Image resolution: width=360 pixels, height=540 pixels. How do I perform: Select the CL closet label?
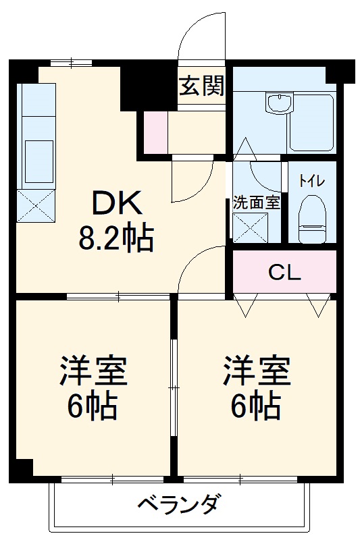(x=284, y=273)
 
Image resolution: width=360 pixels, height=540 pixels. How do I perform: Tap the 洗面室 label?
(x=257, y=201)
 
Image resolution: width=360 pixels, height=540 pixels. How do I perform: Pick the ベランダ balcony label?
(x=179, y=504)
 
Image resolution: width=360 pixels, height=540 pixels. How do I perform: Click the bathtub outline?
(x=311, y=122)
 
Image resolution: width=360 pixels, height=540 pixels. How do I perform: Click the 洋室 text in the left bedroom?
(x=93, y=371)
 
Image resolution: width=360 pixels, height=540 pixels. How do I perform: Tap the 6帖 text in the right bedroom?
(x=257, y=405)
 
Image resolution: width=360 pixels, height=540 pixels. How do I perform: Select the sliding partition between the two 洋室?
(x=174, y=385)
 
